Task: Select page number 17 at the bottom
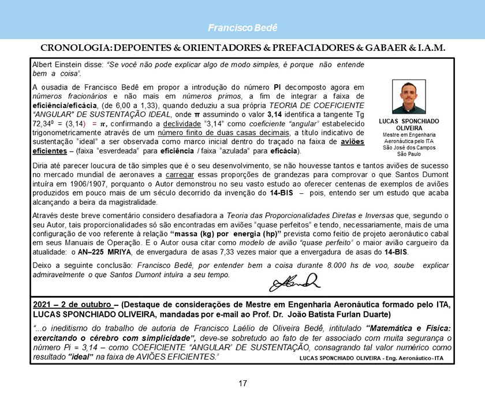tap(242, 383)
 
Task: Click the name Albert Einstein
tap(56, 65)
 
